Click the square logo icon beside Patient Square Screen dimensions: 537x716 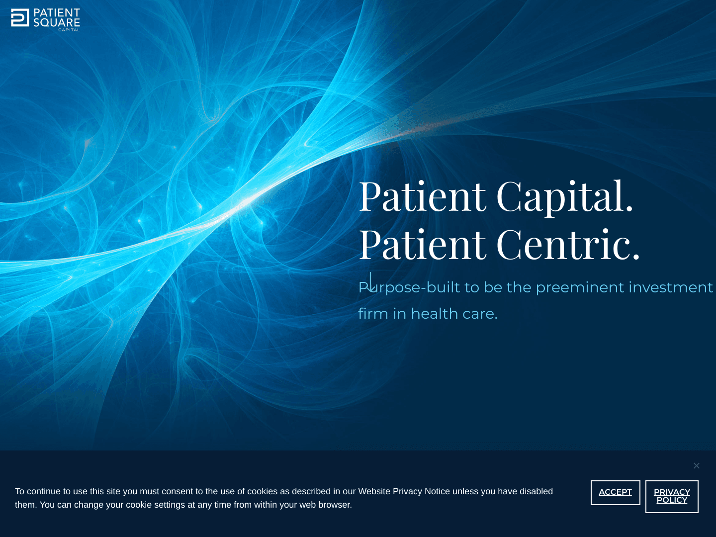click(x=20, y=17)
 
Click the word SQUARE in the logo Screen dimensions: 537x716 click(x=57, y=22)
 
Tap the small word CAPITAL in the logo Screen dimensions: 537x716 click(x=69, y=30)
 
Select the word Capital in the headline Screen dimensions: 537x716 click(x=564, y=197)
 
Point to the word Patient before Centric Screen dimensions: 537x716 click(x=422, y=245)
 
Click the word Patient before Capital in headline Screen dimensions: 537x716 click(x=422, y=197)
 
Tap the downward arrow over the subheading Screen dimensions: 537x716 click(x=370, y=282)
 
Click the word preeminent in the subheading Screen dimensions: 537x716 click(x=579, y=287)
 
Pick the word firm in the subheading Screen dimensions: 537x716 click(x=373, y=314)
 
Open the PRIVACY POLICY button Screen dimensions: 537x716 click(x=672, y=496)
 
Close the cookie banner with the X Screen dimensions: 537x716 click(x=697, y=466)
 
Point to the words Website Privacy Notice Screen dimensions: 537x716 click(x=404, y=491)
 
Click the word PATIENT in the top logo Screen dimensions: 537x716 click(x=57, y=13)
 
